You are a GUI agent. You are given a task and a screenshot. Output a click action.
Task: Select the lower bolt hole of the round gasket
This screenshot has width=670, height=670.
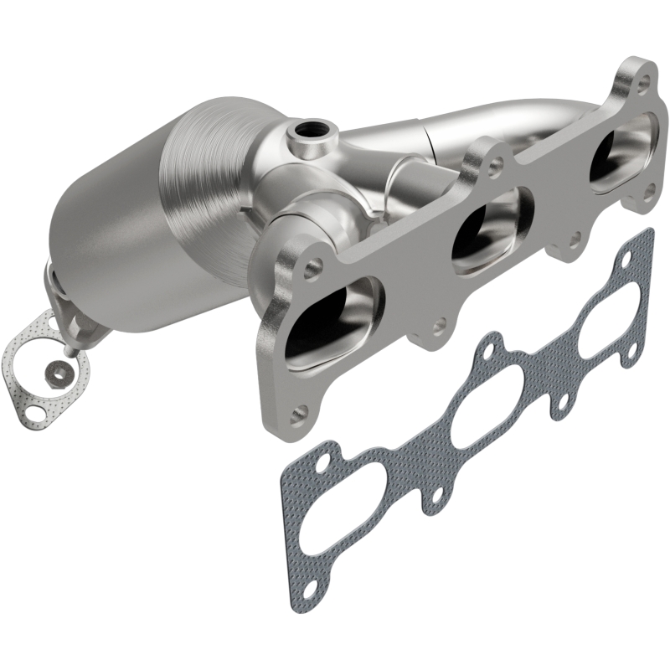coord(34,411)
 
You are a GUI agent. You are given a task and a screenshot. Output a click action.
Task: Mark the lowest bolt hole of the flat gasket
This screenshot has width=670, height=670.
coord(307,588)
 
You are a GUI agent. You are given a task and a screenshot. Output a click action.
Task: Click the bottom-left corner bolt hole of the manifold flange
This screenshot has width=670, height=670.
coord(300,411)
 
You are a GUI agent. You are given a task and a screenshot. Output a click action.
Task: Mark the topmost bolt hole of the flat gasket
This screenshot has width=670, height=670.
coord(638,243)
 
